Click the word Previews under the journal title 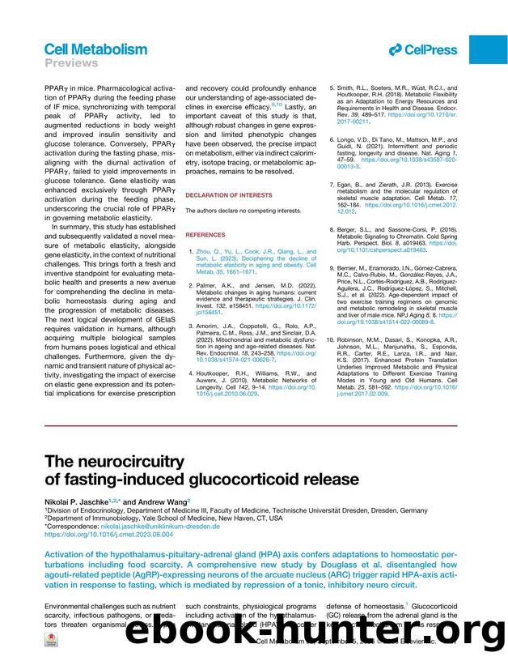coord(70,63)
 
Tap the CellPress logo coord(422,49)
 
